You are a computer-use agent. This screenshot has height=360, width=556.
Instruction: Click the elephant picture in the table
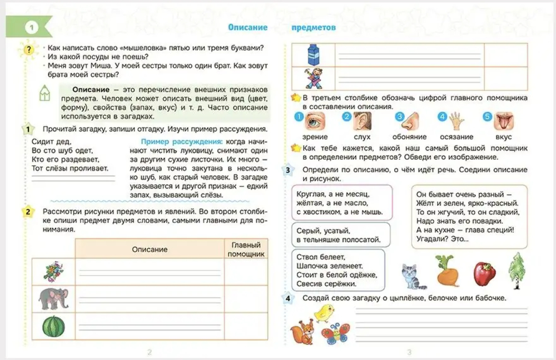click(x=53, y=299)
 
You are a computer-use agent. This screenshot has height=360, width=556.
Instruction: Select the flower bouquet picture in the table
click(x=53, y=272)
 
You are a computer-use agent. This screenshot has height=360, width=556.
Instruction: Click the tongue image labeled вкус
click(x=503, y=120)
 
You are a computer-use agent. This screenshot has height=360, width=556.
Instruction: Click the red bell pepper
click(x=484, y=273)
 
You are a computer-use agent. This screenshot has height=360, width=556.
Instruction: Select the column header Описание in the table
click(x=150, y=249)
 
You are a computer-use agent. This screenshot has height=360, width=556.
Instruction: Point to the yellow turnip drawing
click(x=447, y=271)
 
